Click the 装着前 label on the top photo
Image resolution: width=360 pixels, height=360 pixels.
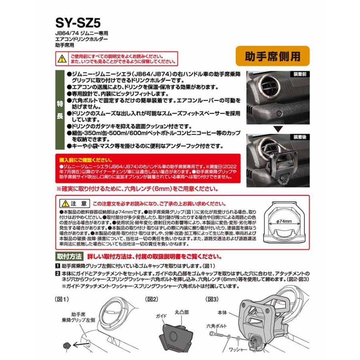point(300,74)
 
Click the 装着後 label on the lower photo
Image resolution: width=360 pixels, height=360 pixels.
point(300,137)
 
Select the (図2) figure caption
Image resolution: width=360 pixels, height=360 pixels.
point(152,299)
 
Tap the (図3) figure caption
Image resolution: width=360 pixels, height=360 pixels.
point(212,299)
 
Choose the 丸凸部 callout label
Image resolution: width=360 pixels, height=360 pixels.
point(182,309)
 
